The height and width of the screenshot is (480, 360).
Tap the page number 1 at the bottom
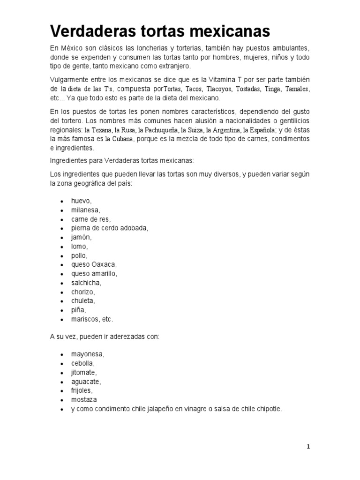point(308,447)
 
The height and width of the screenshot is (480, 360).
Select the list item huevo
point(82,201)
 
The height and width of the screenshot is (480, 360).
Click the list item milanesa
point(86,210)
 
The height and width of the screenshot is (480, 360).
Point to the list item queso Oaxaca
point(94,264)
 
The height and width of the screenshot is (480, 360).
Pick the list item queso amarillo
point(94,273)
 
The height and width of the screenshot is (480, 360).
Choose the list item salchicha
point(86,283)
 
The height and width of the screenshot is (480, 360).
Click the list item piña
point(79,310)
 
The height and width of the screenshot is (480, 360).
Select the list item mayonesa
point(88,354)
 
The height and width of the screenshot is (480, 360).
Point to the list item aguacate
point(86,382)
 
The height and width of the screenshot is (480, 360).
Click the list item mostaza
point(84,400)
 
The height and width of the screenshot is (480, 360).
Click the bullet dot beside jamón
point(62,238)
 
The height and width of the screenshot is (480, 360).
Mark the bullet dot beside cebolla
point(62,364)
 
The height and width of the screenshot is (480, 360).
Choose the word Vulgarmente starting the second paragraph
point(72,80)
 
